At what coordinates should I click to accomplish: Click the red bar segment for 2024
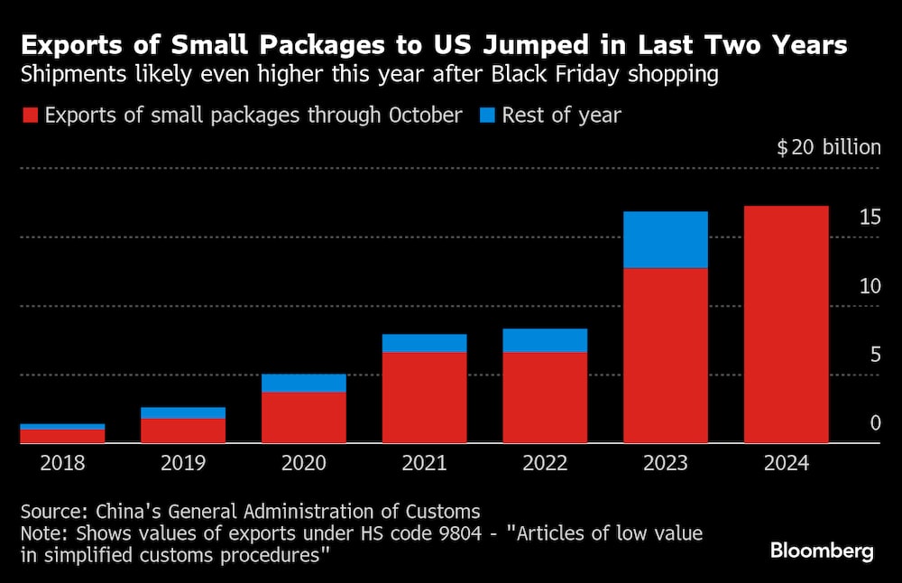pos(786,324)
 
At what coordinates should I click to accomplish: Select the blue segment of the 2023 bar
pos(665,240)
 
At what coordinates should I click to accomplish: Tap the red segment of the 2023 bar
pos(665,356)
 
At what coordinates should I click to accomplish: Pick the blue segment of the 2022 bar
pos(545,340)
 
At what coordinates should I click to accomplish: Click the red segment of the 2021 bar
pos(424,397)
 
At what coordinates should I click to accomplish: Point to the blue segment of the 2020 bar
pos(304,383)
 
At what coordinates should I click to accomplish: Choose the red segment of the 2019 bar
pos(183,430)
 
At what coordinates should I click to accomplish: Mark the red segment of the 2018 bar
pos(63,436)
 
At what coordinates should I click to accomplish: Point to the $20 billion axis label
pos(828,147)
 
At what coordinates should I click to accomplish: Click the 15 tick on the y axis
pos(870,217)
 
